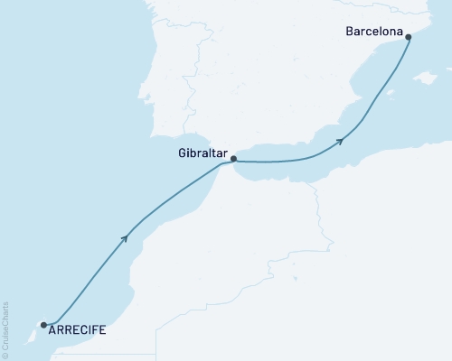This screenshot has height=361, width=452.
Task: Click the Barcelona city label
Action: (373, 32)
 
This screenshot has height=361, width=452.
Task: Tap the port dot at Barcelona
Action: (409, 37)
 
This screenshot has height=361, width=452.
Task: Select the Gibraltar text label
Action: (202, 154)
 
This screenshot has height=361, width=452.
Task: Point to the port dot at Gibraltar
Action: (234, 159)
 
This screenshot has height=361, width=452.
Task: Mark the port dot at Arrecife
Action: (43, 324)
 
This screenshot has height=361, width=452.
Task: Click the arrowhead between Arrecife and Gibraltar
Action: (125, 237)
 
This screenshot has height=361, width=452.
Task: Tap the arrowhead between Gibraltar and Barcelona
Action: (340, 140)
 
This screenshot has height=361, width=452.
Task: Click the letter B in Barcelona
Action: (350, 32)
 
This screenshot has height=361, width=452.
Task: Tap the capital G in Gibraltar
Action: (181, 154)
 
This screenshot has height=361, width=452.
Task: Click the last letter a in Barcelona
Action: (397, 32)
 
